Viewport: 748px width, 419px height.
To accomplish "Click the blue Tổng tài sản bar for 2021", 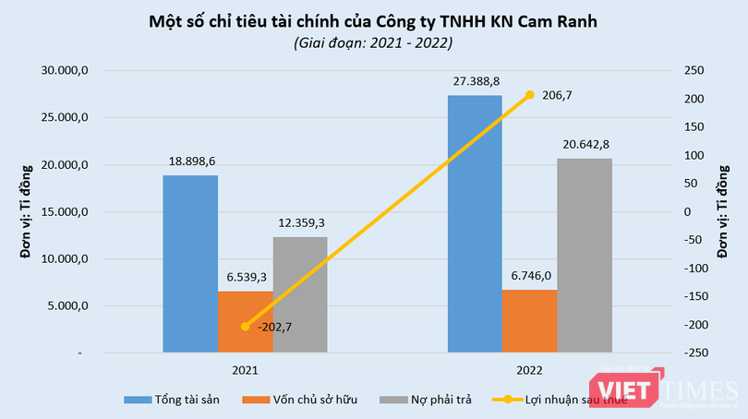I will coord(190,264).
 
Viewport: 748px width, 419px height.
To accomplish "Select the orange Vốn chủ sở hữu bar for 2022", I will coord(529,321).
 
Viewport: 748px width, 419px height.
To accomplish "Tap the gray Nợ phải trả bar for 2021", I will coord(299,294).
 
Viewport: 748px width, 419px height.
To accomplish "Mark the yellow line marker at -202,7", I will coord(245,327).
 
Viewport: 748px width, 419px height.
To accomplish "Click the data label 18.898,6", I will coord(191,161).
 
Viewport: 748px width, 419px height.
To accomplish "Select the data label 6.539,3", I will coord(245,277).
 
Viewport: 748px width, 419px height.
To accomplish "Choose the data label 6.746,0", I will coord(529,275).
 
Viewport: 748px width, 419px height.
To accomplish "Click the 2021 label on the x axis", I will coord(245,369).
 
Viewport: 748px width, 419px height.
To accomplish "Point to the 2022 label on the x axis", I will coord(529,369).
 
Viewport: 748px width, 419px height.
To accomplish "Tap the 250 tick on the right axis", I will coord(693,70).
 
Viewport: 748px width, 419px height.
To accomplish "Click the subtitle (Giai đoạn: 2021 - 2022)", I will coord(374,42).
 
